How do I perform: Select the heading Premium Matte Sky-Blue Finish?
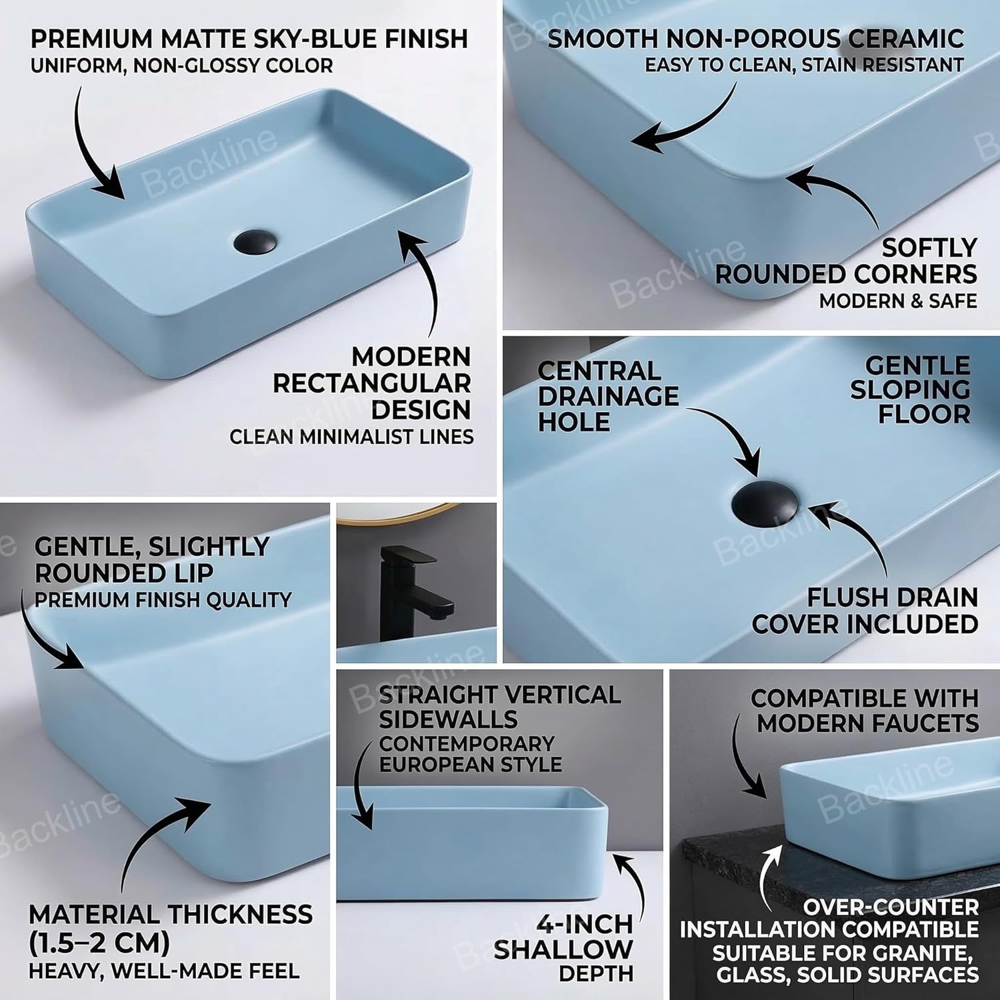pyautogui.click(x=249, y=39)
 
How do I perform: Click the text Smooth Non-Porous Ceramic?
pyautogui.click(x=755, y=38)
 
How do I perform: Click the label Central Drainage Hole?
pyautogui.click(x=608, y=396)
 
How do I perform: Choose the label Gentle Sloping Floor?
pyautogui.click(x=911, y=389)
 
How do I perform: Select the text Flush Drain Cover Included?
pyautogui.click(x=865, y=611)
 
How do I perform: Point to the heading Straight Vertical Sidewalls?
pyautogui.click(x=499, y=707)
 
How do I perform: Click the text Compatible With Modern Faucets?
pyautogui.click(x=865, y=710)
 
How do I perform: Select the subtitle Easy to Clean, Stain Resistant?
pyautogui.click(x=804, y=65)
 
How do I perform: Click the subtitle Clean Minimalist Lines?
pyautogui.click(x=351, y=437)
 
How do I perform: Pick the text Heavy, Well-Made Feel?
pyautogui.click(x=164, y=971)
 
